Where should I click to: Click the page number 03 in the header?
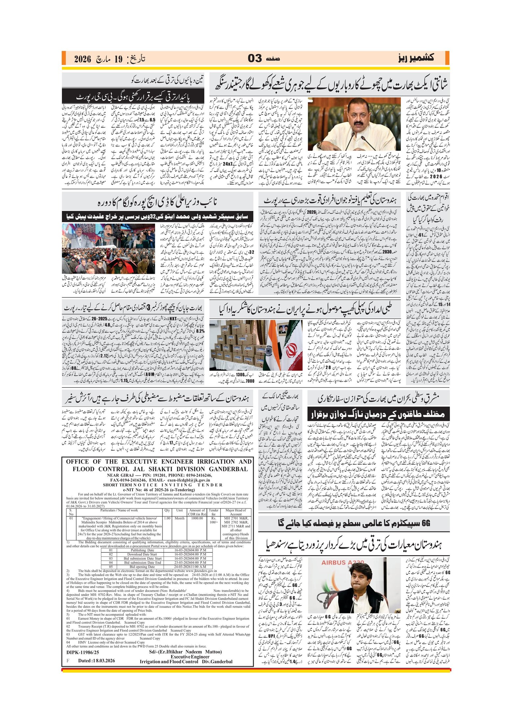point(255,59)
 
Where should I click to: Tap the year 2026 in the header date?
point(82,59)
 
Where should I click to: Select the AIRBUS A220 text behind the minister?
point(343,562)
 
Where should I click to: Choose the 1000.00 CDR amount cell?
point(197,518)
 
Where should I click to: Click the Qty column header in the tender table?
point(167,510)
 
